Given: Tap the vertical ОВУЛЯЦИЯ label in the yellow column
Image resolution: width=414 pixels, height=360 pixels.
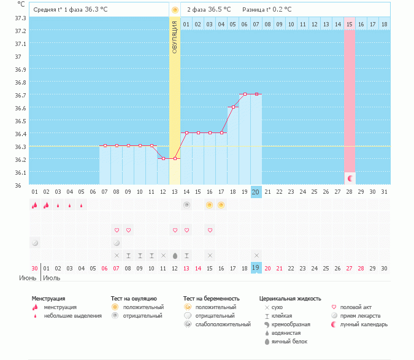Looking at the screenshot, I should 175,37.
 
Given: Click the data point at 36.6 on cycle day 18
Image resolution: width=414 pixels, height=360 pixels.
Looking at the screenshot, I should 233,107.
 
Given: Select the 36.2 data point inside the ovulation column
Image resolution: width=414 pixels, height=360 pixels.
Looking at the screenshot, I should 175,158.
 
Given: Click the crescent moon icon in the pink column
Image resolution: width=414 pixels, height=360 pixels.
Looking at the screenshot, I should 350,178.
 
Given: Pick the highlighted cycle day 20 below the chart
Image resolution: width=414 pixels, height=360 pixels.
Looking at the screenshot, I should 256,192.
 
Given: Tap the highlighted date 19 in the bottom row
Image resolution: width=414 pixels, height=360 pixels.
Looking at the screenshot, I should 256,268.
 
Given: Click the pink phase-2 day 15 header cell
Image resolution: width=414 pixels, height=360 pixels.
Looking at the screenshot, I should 350,24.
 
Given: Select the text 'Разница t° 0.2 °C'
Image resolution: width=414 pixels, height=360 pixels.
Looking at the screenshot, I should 267,10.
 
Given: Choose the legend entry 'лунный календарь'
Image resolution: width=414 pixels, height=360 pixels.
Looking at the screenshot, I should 364,324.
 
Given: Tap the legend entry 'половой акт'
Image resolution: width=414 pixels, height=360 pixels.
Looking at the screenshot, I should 356,307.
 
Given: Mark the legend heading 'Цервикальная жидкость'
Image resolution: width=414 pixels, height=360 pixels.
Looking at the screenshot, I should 290,299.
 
